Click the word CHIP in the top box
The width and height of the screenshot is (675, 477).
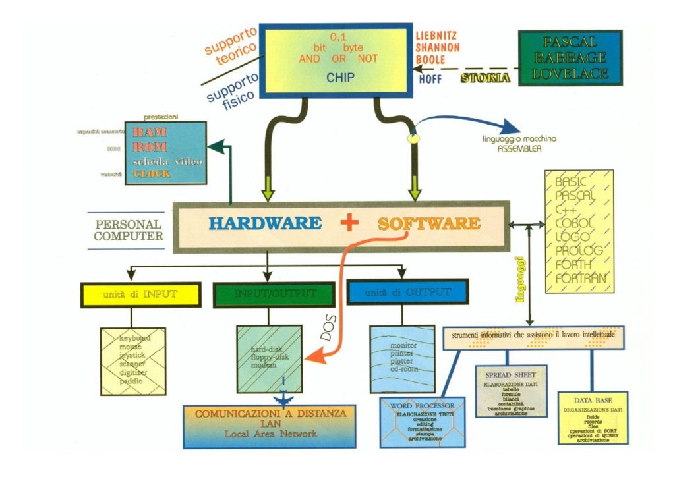[x=341, y=78]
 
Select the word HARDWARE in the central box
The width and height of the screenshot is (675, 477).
[x=266, y=223]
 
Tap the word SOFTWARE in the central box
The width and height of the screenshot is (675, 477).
[x=429, y=223]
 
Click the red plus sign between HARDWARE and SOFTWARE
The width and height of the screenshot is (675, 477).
[x=349, y=223]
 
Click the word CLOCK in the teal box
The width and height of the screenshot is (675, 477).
[x=152, y=174]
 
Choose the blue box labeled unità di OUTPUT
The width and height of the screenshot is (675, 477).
[x=407, y=293]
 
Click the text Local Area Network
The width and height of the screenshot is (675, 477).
[x=270, y=434]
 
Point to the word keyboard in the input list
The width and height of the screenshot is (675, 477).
[x=135, y=338]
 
